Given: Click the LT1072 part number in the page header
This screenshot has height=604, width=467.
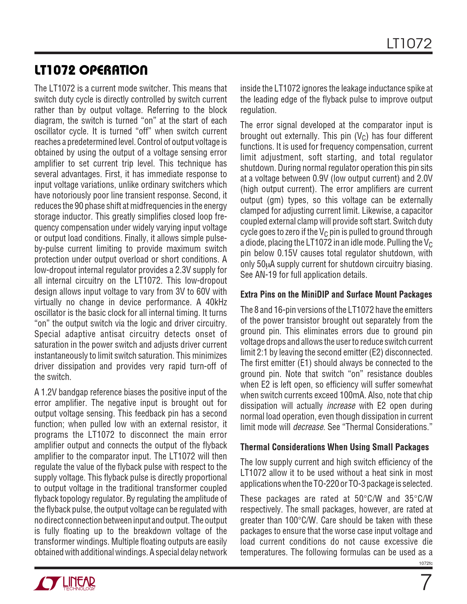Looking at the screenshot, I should tap(409, 44).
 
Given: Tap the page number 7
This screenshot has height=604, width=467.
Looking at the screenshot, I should tap(425, 582).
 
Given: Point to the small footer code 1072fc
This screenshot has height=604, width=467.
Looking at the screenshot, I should tap(426, 563).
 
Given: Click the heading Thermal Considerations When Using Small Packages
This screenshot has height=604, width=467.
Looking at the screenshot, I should tap(334, 447).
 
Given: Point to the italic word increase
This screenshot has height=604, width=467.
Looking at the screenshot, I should tap(341, 406).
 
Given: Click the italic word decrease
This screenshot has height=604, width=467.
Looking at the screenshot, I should tap(309, 427).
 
